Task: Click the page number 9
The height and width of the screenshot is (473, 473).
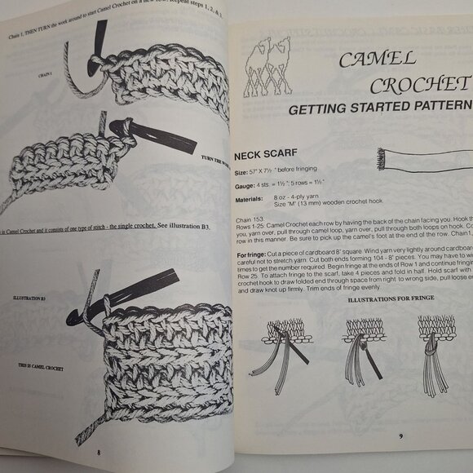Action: (400, 436)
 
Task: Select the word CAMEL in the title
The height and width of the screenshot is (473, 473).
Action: (378, 59)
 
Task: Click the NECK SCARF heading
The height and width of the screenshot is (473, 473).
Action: (270, 154)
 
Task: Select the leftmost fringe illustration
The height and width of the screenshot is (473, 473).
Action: (281, 343)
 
